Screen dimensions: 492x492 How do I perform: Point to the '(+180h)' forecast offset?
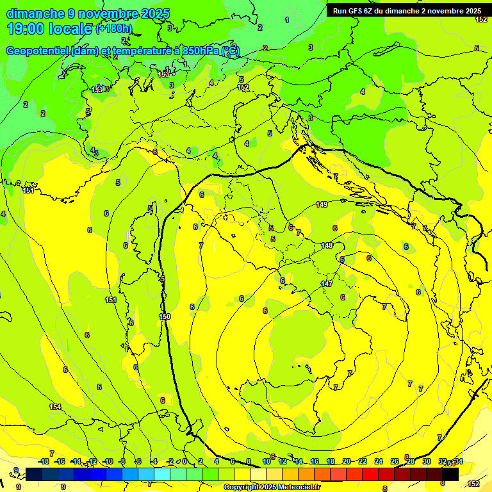click(115, 29)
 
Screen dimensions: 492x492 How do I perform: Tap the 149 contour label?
click(322, 205)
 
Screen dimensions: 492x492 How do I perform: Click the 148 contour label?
click(327, 245)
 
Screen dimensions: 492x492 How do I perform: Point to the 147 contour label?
click(327, 284)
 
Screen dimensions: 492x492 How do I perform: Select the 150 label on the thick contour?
click(165, 316)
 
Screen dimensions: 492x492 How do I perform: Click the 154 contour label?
click(56, 407)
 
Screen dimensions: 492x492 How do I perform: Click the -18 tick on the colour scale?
click(44, 461)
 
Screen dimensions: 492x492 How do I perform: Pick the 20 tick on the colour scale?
click(347, 461)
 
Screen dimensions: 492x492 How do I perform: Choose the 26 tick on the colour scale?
click(395, 461)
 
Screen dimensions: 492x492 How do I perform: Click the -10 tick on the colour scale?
click(108, 461)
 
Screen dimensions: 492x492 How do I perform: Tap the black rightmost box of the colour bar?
click(450, 474)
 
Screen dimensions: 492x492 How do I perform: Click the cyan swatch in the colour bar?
click(162, 474)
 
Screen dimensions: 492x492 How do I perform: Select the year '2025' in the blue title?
click(156, 13)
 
